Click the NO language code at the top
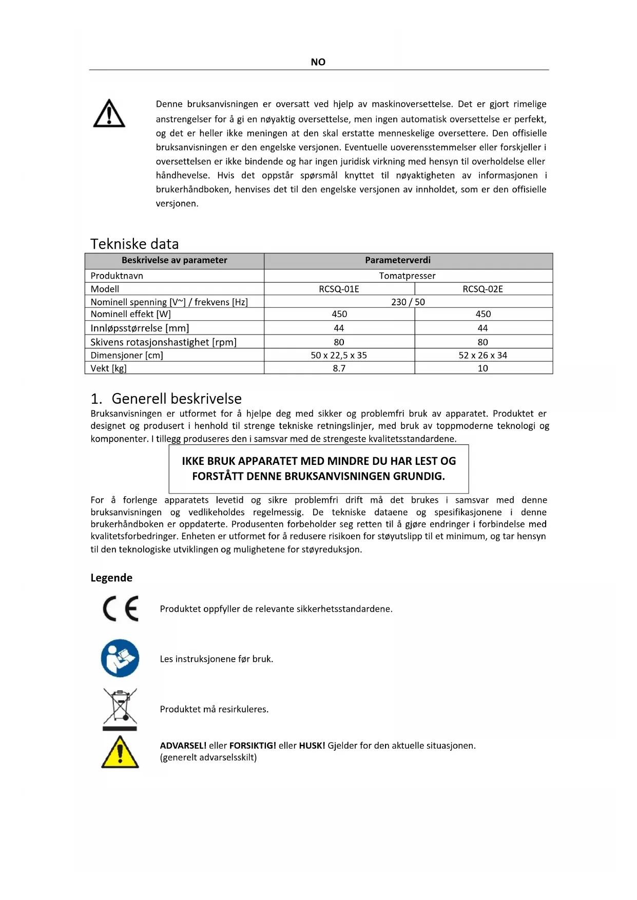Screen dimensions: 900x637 318,62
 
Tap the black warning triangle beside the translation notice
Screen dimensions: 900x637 109,113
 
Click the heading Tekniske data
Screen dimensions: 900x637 134,244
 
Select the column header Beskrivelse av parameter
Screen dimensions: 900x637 174,260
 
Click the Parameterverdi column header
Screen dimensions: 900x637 398,260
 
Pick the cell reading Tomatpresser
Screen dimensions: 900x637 407,276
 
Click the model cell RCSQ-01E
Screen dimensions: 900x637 339,289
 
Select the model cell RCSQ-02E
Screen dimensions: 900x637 482,289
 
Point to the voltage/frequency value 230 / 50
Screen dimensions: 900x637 408,302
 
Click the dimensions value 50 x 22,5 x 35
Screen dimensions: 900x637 339,355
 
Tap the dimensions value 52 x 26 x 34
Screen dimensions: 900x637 482,355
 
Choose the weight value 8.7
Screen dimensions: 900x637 339,368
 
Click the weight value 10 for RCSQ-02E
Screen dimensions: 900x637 482,368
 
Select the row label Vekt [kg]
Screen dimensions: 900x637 108,368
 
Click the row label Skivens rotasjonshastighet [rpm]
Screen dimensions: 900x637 163,342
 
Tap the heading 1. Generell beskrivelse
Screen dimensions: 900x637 166,399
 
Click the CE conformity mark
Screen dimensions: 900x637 121,609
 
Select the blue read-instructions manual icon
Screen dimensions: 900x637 120,658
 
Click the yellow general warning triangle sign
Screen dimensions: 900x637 120,752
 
